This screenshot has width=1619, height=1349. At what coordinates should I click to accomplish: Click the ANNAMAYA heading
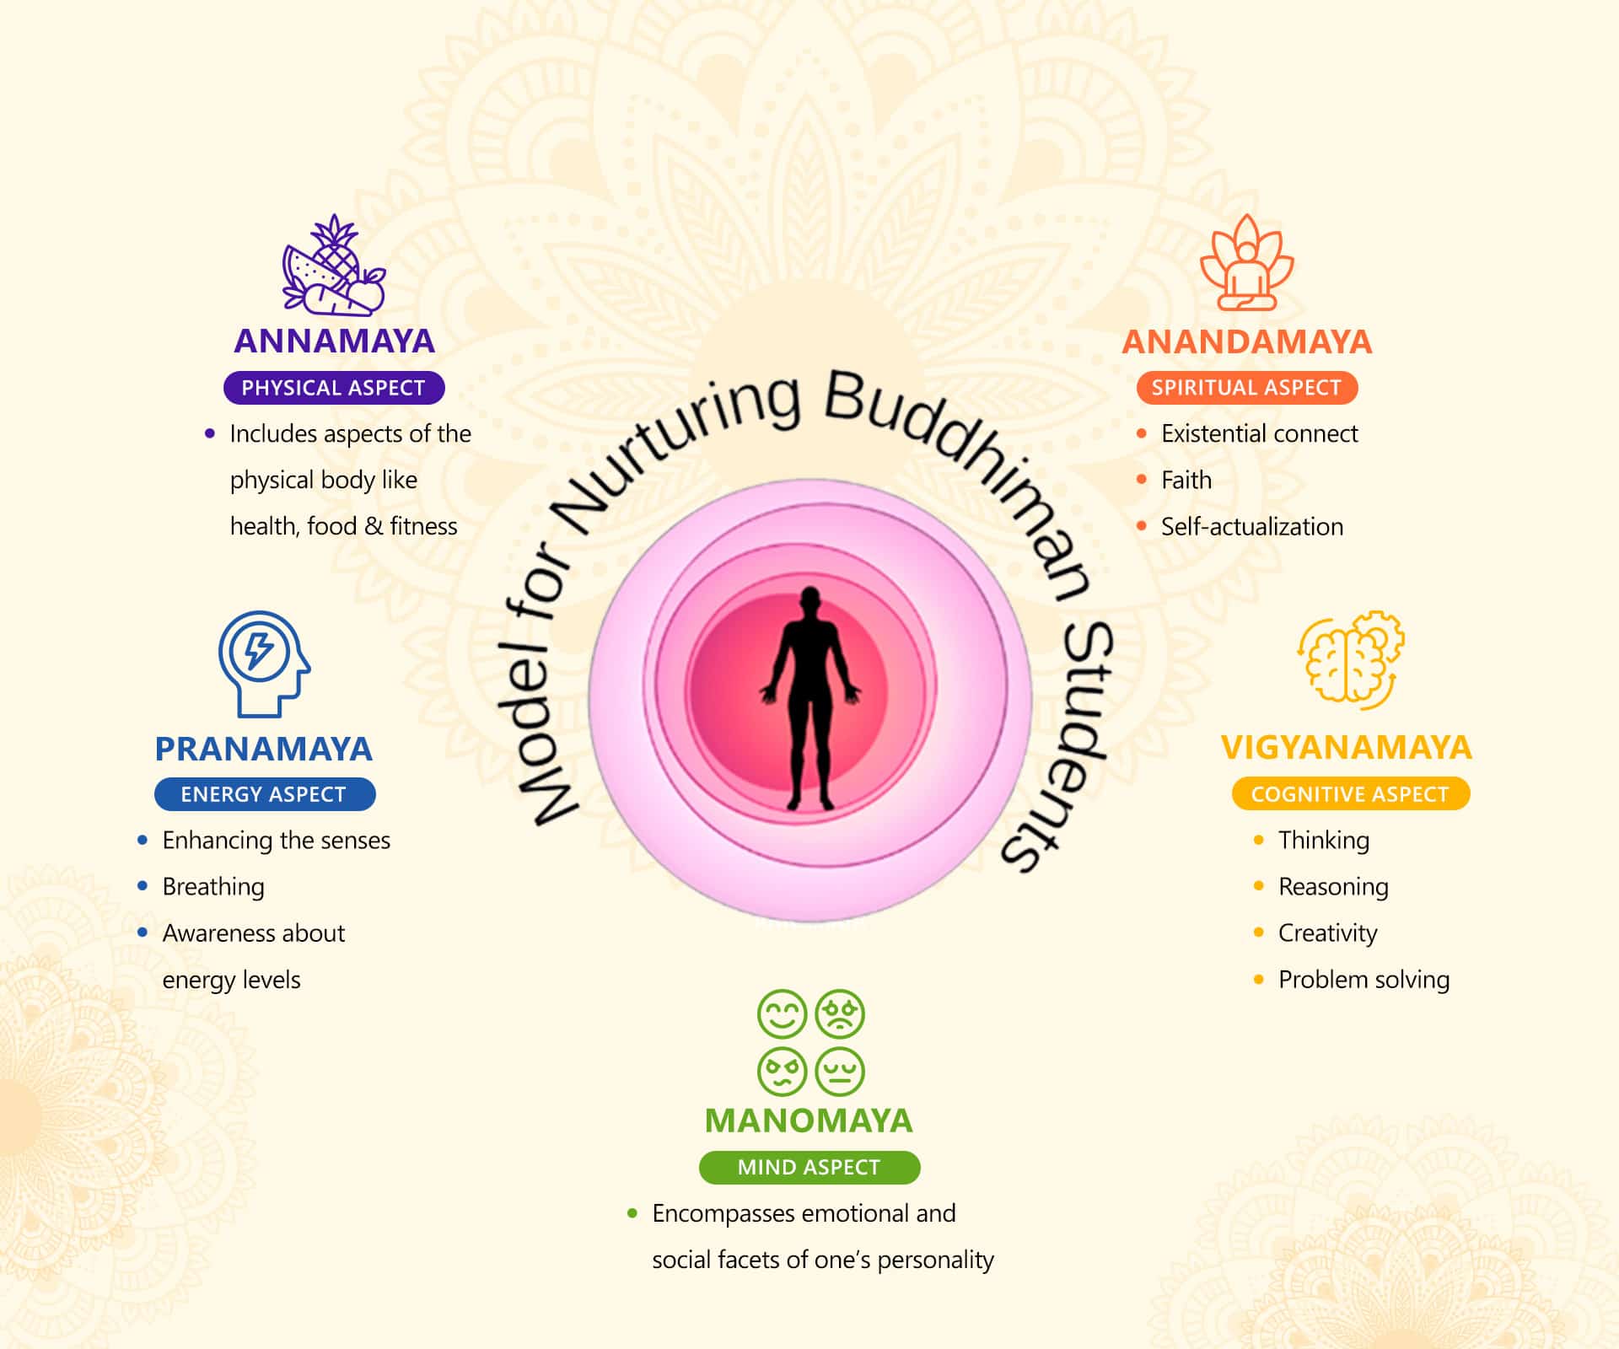[x=334, y=341]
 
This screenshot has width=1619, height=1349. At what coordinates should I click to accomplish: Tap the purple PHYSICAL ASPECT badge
[x=334, y=388]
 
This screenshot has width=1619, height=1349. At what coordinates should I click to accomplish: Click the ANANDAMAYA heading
[x=1246, y=341]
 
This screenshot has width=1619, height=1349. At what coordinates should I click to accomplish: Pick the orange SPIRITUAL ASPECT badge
[x=1246, y=388]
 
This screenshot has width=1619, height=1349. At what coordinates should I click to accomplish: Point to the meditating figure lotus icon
[x=1246, y=263]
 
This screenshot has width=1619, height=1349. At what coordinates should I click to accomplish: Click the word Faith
[x=1186, y=480]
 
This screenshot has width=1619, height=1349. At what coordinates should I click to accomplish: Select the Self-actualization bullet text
[x=1251, y=527]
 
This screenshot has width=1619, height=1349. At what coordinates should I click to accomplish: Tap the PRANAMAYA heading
[x=263, y=749]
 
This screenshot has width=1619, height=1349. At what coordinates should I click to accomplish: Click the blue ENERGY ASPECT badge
[x=264, y=794]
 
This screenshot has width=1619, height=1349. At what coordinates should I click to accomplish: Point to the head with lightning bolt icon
[x=263, y=664]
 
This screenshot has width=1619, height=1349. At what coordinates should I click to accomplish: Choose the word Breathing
[x=213, y=887]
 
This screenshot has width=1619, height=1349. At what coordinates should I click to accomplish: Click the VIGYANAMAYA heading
[x=1346, y=748]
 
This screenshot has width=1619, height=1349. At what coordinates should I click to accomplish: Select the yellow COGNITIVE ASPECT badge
[x=1350, y=794]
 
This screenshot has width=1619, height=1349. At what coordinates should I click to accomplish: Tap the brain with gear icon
[x=1350, y=658]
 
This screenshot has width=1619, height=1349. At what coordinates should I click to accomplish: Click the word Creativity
[x=1327, y=933]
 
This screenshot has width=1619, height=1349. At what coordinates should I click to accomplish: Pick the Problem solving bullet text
[x=1364, y=980]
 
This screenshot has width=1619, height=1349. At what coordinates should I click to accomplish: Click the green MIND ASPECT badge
[x=809, y=1168]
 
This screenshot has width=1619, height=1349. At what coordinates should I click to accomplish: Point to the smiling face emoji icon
[x=782, y=1013]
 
